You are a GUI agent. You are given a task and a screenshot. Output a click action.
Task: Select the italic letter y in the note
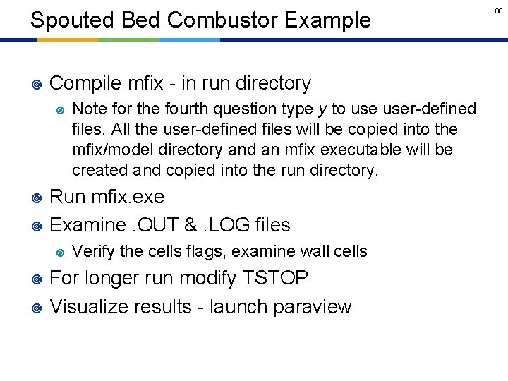322,109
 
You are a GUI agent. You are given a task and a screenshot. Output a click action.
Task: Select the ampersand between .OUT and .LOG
192,225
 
